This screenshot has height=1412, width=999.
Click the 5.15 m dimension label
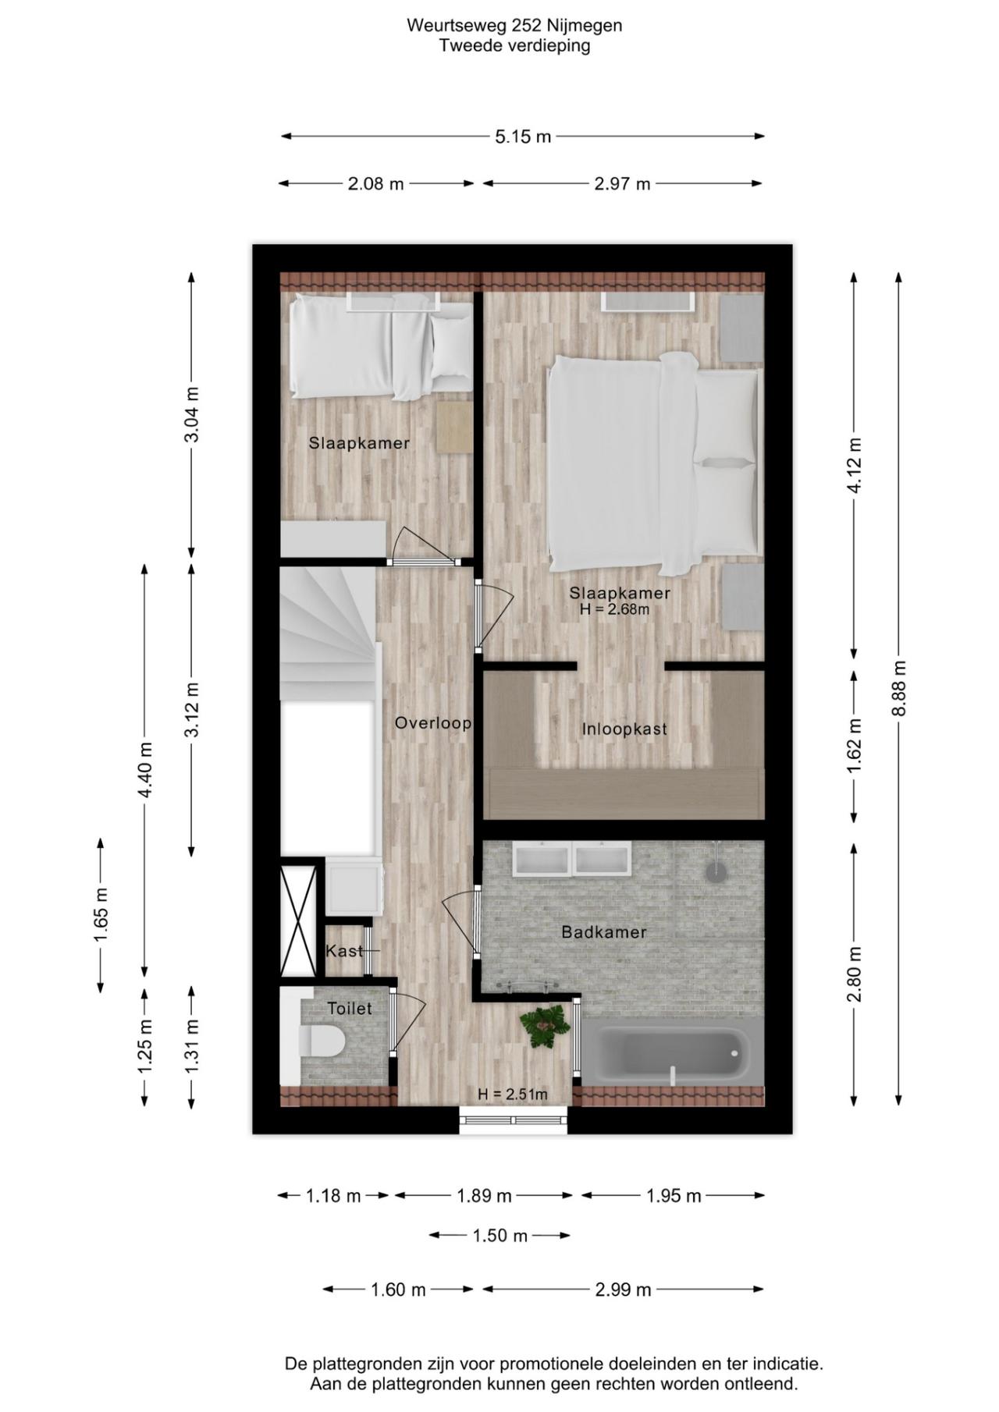522,137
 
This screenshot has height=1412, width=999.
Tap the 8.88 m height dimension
899,688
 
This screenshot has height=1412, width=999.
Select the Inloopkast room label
624,729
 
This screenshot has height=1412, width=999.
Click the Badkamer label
604,932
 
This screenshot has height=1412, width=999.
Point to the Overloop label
432,723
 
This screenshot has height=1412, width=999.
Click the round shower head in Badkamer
716,871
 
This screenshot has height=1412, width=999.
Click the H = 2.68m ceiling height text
614,609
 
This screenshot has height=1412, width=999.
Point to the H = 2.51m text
512,1094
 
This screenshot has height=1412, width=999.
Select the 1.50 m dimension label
499,1236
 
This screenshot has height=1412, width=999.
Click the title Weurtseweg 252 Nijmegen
514,25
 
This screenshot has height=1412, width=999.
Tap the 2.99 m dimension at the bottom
623,1290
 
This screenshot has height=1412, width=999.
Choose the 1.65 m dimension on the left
101,914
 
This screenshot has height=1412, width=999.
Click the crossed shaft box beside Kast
299,920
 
